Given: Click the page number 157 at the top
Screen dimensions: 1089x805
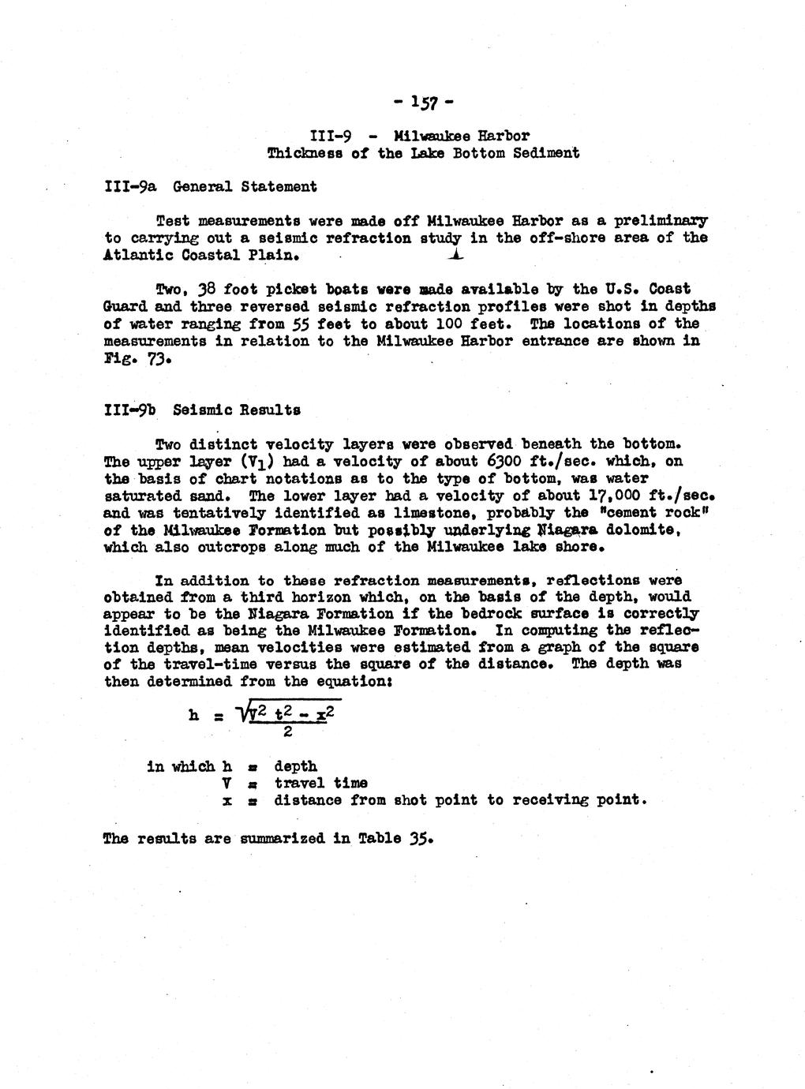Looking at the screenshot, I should click(423, 103).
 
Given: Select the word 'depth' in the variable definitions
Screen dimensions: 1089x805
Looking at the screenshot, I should click(296, 766).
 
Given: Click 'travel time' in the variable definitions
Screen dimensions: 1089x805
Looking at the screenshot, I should click(320, 784).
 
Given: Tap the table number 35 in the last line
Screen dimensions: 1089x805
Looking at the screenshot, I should click(421, 838).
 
